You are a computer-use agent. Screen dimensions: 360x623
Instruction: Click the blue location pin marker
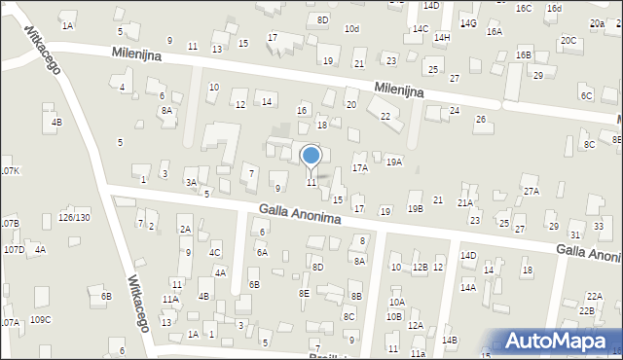click(311, 158)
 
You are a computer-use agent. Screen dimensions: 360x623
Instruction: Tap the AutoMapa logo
click(559, 342)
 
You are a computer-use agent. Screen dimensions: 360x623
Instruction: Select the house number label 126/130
click(75, 217)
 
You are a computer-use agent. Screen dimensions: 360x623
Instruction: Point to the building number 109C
click(40, 320)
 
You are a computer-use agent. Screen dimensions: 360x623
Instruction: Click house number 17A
click(360, 168)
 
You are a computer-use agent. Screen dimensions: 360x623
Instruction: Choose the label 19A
click(393, 162)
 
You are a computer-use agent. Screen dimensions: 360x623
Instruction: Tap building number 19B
click(416, 209)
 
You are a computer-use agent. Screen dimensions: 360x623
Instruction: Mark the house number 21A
click(465, 203)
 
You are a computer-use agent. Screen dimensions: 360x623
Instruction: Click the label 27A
click(531, 192)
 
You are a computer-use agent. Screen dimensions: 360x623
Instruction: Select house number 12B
click(420, 268)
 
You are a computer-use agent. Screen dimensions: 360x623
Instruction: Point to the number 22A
click(594, 296)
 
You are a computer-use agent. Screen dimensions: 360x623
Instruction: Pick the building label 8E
click(304, 293)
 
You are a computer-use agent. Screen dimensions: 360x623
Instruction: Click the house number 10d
click(351, 29)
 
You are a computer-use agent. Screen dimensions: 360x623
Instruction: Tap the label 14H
click(442, 38)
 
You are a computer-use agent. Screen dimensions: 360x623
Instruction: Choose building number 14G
click(468, 22)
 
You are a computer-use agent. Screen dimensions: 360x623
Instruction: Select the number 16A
click(495, 32)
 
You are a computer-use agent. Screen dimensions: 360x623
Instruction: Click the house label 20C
click(568, 41)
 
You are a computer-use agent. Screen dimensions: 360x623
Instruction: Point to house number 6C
click(586, 96)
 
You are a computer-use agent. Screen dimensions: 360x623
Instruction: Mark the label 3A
click(192, 183)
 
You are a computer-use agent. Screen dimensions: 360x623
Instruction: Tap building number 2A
click(184, 230)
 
